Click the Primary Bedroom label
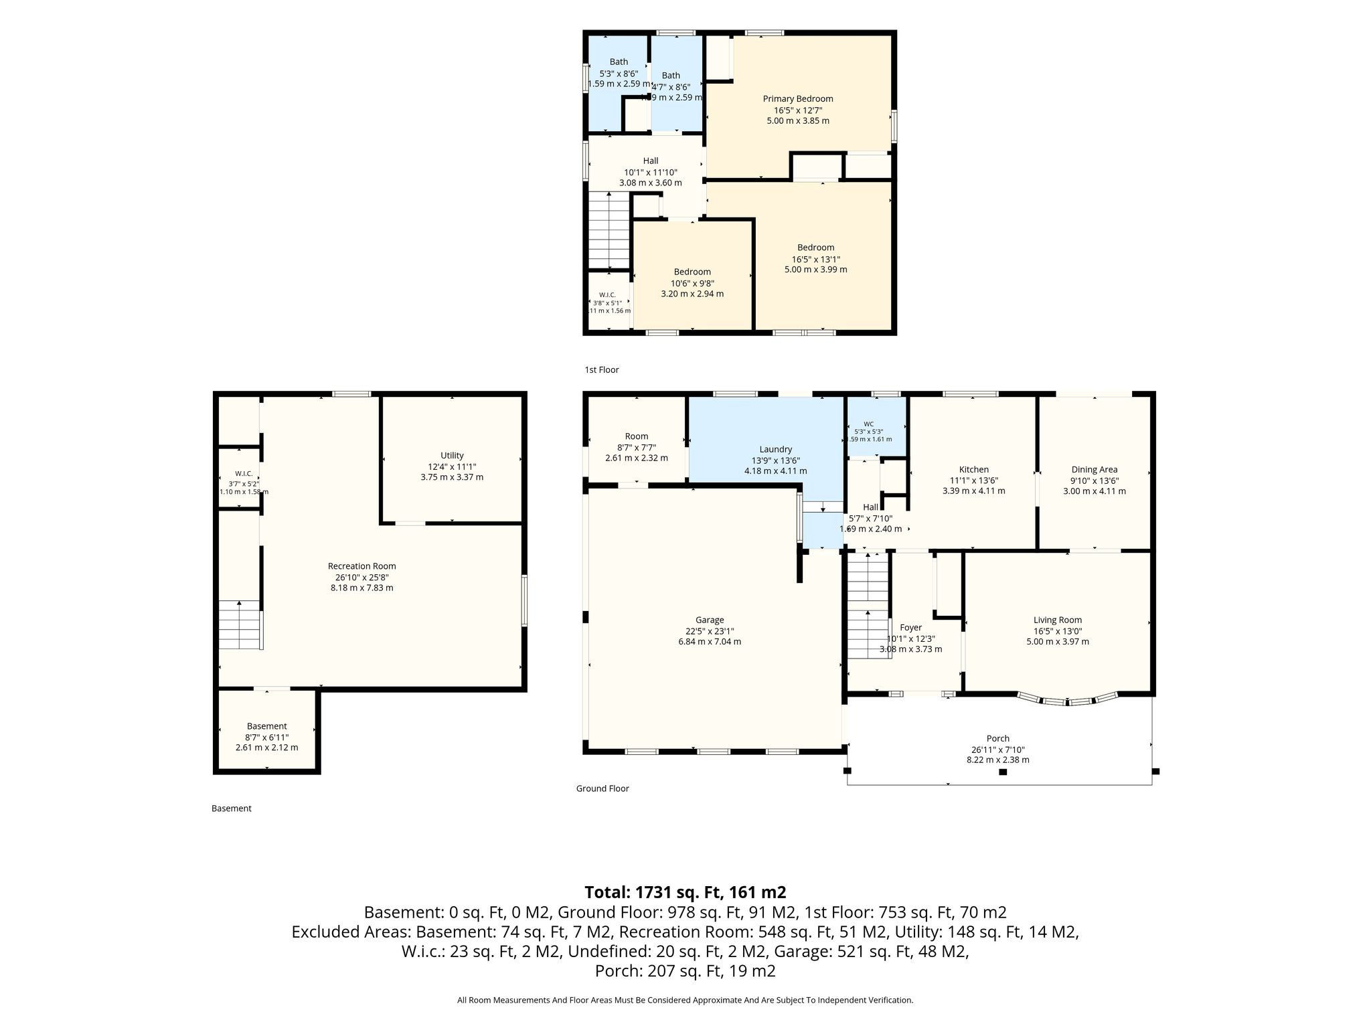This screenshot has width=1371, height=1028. pyautogui.click(x=798, y=99)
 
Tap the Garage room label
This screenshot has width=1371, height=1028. pyautogui.click(x=710, y=620)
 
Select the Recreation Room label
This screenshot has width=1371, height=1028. pyautogui.click(x=361, y=566)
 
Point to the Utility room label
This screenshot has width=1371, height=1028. pyautogui.click(x=452, y=456)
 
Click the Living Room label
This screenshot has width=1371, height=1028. pyautogui.click(x=1058, y=620)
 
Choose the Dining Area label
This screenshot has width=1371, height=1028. pyautogui.click(x=1095, y=470)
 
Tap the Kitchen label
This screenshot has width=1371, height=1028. pyautogui.click(x=974, y=470)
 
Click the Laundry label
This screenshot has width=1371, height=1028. pyautogui.click(x=776, y=450)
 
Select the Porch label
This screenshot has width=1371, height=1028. pyautogui.click(x=998, y=739)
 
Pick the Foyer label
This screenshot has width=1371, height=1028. pyautogui.click(x=910, y=628)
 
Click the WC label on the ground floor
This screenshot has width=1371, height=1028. pyautogui.click(x=869, y=424)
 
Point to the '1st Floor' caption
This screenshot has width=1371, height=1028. pyautogui.click(x=602, y=370)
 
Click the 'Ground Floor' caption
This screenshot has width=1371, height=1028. pyautogui.click(x=602, y=788)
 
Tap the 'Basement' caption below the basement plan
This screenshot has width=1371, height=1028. pyautogui.click(x=232, y=808)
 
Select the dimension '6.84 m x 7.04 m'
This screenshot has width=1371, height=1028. pyautogui.click(x=710, y=642)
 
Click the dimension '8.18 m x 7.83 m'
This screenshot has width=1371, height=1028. pyautogui.click(x=361, y=588)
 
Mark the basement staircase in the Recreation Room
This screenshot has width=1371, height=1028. pyautogui.click(x=240, y=625)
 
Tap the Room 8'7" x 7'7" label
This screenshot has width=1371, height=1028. pyautogui.click(x=637, y=436)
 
